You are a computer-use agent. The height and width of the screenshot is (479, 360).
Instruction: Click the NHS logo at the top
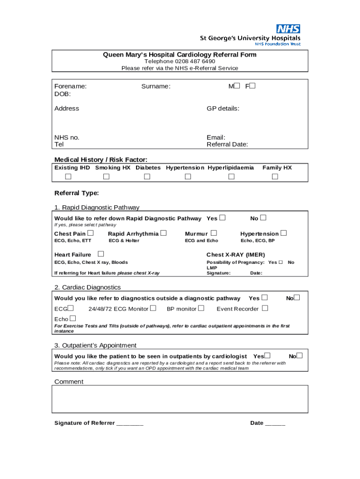pos(288,29)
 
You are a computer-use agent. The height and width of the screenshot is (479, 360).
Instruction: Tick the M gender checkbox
pos(237,86)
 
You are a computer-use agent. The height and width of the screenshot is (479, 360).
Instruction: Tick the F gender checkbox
pos(253,86)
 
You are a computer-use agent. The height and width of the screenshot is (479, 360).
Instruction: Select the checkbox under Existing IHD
pos(68,176)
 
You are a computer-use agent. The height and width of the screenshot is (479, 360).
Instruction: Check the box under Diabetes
pos(147,176)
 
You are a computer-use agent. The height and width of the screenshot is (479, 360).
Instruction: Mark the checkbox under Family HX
pos(275,176)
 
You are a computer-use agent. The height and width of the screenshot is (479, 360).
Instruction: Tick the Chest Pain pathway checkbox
pos(90,233)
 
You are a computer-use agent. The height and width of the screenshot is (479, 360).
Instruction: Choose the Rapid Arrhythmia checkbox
pos(163,233)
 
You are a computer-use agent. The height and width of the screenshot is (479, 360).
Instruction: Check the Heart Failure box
pos(101,254)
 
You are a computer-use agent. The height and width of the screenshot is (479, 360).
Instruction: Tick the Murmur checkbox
pos(214,233)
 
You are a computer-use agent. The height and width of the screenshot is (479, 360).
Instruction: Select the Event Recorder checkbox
pos(265,308)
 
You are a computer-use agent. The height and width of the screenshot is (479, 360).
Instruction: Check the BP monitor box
pos(201,308)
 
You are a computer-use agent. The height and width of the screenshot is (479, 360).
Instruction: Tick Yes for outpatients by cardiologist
pos(267,356)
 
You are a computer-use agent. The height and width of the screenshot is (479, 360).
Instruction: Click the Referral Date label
pos(227,145)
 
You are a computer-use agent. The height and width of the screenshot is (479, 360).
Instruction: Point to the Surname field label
pos(156,87)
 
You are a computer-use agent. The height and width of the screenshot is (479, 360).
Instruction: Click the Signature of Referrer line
pos(130,423)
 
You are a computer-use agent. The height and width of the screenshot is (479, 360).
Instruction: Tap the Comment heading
pos(69,382)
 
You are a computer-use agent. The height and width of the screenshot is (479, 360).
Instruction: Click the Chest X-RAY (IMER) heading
pos(236,255)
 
